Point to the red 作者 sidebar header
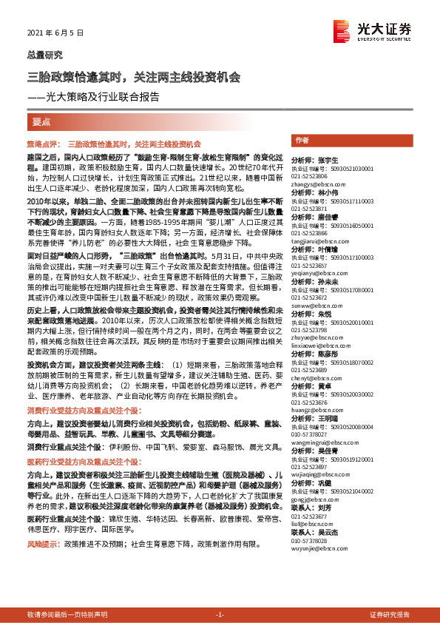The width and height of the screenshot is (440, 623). tap(302, 141)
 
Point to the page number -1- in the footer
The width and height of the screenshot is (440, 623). tap(220, 615)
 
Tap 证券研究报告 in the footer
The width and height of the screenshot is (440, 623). tap(390, 615)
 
